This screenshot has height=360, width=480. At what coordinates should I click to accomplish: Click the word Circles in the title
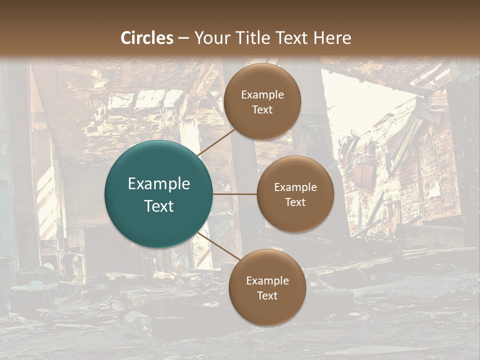147,38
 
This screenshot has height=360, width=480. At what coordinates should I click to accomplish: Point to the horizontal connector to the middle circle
235,194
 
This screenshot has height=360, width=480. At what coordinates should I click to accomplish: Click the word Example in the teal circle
159,184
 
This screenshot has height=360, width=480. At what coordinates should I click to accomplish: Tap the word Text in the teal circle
159,206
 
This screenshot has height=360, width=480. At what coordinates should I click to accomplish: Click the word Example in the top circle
262,95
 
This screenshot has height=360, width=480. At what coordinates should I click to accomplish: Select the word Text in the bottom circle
267,295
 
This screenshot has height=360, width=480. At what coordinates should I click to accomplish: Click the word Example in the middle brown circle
295,187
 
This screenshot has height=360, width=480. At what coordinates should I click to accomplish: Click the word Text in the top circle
262,109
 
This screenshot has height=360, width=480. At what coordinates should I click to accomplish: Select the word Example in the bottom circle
267,281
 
